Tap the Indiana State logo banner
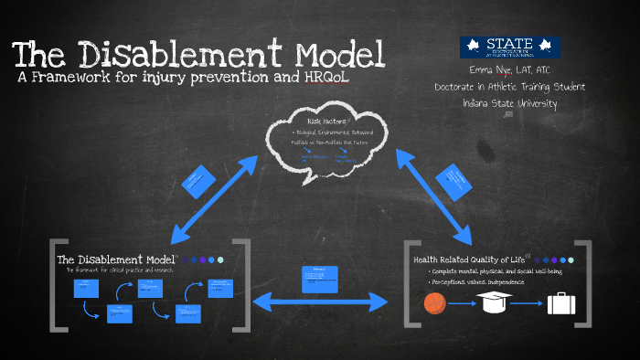point(510,48)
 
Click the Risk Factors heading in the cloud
point(326,120)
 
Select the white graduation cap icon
point(495,302)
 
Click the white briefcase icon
point(560,303)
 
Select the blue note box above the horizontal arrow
point(320,278)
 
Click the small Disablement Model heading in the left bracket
point(114,259)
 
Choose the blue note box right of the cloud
point(457,180)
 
